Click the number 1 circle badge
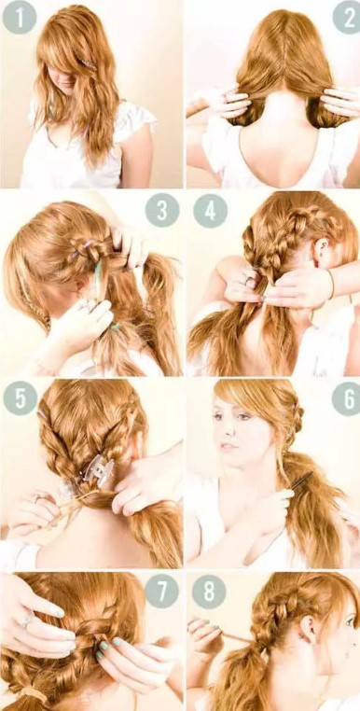[x=19, y=18]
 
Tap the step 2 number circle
[x=346, y=18]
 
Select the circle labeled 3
[x=161, y=210]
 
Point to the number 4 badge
[x=210, y=211]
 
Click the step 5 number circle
[x=20, y=397]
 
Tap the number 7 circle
[x=161, y=591]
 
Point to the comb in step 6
[x=300, y=481]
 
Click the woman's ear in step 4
[x=320, y=249]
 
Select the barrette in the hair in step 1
[x=88, y=63]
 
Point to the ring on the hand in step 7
[x=26, y=619]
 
